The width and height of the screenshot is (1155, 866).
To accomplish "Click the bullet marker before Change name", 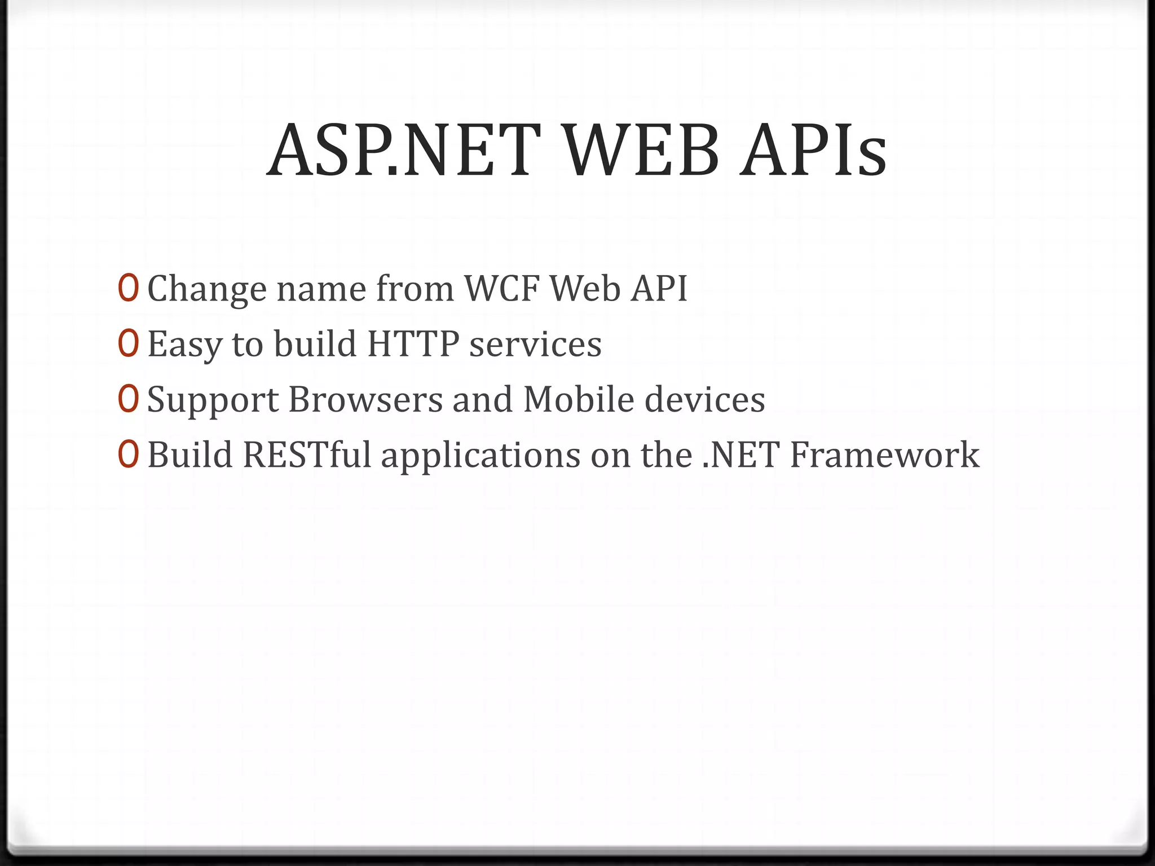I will (128, 288).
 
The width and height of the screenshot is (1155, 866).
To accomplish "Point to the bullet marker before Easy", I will (128, 343).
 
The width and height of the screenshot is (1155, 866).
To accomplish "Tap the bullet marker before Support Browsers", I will (128, 399).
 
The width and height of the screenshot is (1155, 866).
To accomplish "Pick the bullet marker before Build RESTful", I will (128, 454).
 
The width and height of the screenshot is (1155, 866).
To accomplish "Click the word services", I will (535, 344).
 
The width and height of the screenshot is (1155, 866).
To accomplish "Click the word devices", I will (704, 399).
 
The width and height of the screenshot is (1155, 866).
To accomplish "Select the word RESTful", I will (307, 454).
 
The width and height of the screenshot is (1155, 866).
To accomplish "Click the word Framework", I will (884, 454).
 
